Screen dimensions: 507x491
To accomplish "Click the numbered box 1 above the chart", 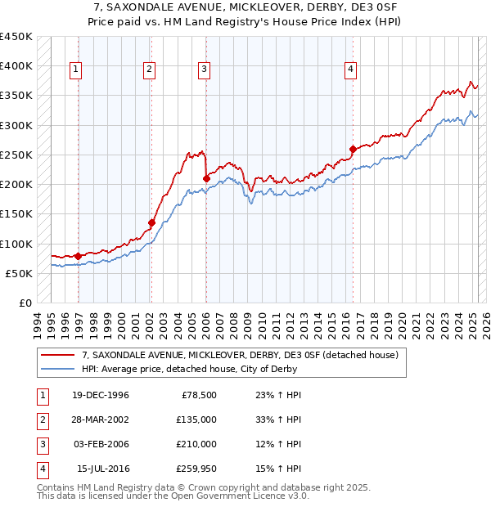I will tap(75, 70).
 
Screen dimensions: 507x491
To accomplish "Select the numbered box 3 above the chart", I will tap(203, 70).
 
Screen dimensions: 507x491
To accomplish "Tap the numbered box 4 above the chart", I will tap(349, 70).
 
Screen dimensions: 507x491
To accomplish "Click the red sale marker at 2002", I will tap(151, 222).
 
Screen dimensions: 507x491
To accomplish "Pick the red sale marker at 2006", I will tap(206, 178).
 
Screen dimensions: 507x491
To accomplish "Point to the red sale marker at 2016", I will tap(353, 149).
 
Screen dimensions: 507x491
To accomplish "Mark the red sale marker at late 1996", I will tap(79, 256).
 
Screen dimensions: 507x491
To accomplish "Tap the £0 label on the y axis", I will tap(25, 303).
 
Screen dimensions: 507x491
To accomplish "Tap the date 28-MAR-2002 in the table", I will tap(100, 420).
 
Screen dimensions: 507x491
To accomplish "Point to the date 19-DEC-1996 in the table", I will tap(100, 395).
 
